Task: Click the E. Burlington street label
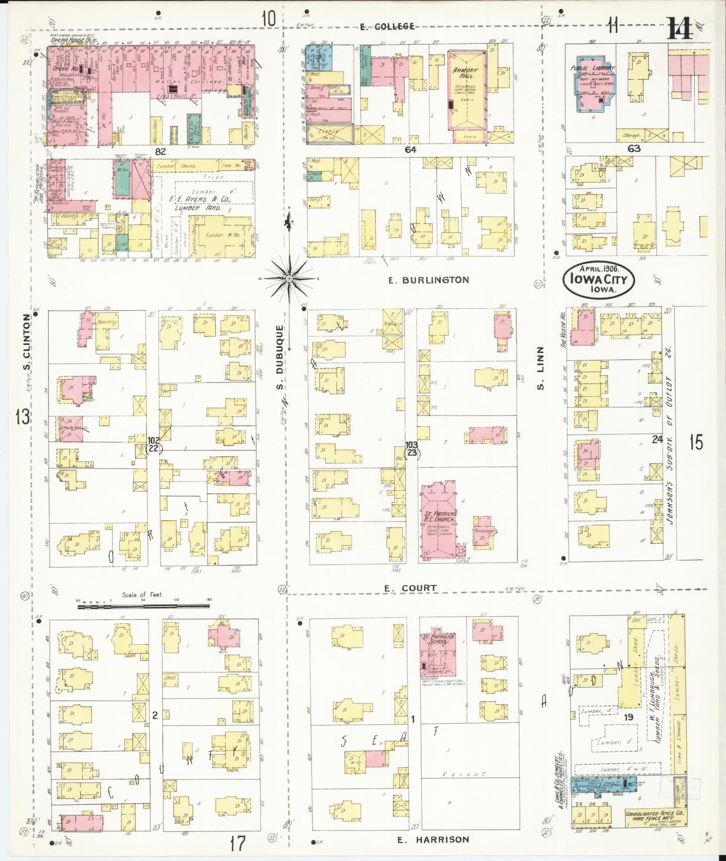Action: [x=428, y=280]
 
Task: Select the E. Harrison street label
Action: [x=433, y=839]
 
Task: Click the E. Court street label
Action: [x=410, y=588]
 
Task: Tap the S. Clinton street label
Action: [x=27, y=343]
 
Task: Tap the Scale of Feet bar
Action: [x=143, y=607]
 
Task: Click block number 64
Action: [x=410, y=150]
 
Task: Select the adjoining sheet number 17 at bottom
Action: [x=238, y=843]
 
